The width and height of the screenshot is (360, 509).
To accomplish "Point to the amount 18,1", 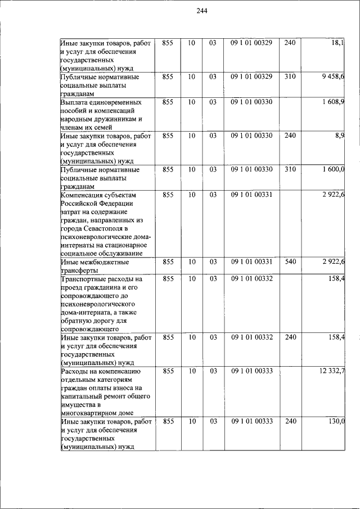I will point(338,42).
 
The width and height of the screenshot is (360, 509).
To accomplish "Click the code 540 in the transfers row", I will point(289,262).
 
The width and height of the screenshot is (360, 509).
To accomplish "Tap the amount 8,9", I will point(339,136).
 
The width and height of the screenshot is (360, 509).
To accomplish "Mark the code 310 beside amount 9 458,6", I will point(289,76).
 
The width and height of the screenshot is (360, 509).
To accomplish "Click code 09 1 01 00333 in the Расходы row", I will point(251,371).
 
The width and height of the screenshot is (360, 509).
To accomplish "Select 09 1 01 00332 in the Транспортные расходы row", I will point(251,278).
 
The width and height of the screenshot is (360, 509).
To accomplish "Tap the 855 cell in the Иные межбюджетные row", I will point(168,262).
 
